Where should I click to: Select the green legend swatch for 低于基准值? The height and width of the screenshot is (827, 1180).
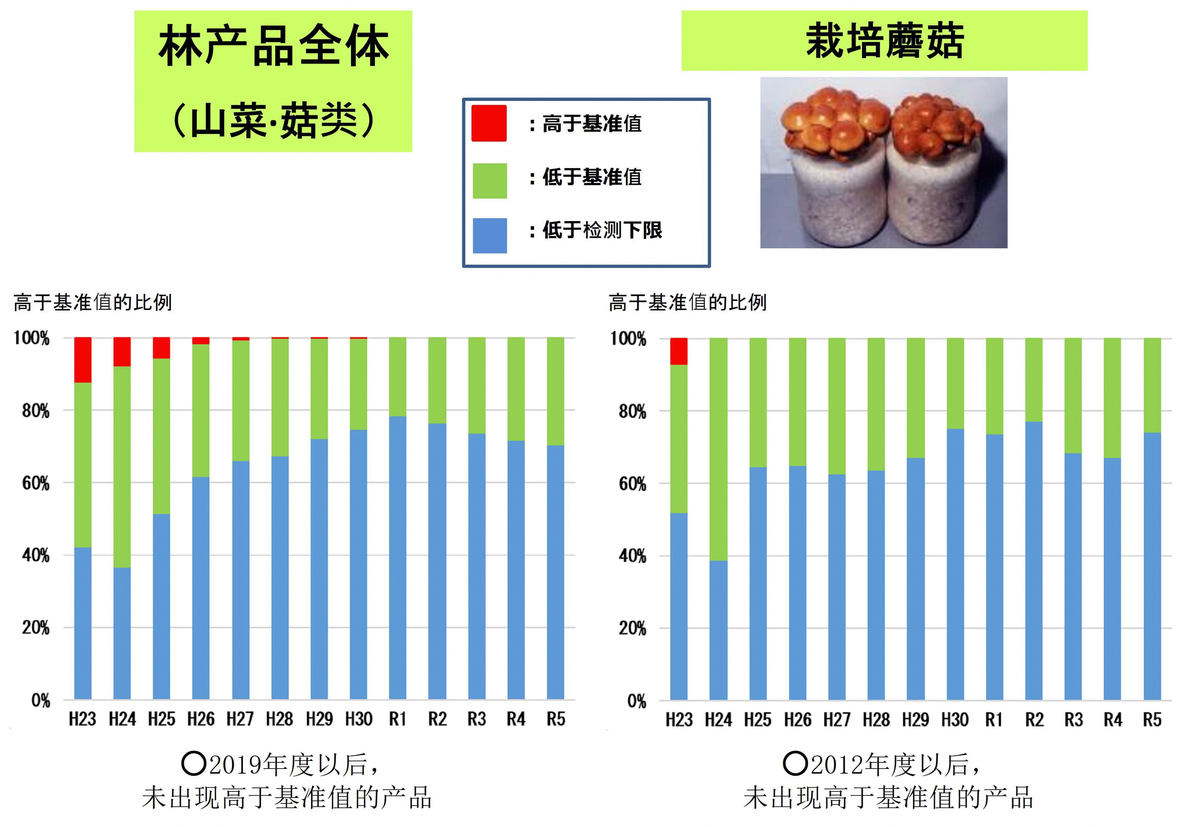tap(489, 181)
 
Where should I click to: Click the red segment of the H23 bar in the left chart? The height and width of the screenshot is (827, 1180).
tap(83, 360)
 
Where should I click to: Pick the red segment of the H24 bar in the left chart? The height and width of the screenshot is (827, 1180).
tap(122, 352)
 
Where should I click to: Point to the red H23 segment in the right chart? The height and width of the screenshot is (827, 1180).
tap(678, 351)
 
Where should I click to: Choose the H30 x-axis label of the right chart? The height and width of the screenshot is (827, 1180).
tap(954, 720)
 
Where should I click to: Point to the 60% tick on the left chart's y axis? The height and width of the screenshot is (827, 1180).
tap(36, 483)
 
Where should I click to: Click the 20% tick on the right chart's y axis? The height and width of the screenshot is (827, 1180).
tap(632, 628)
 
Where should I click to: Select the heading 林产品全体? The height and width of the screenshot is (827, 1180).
tap(273, 46)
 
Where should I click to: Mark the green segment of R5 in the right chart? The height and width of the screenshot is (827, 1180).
tap(1152, 386)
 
